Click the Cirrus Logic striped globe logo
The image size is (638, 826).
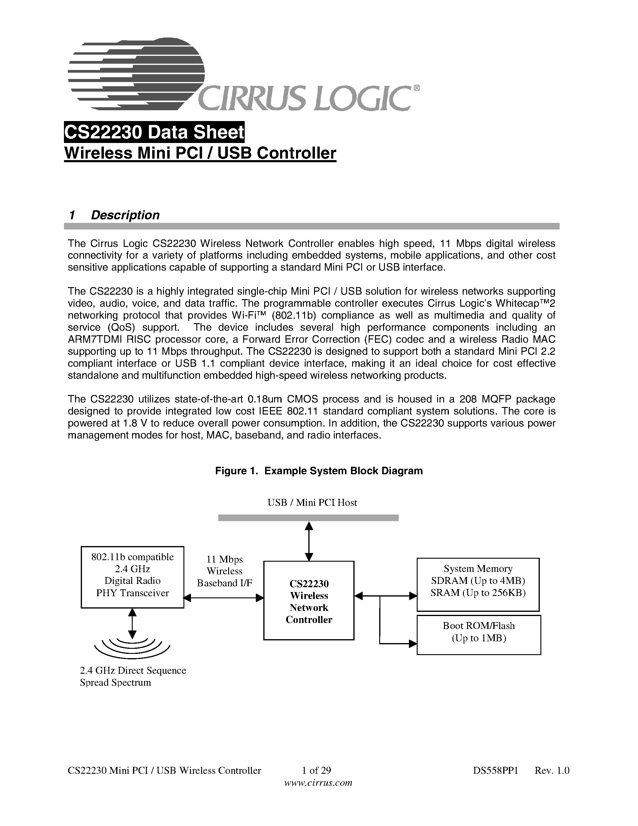coord(136,74)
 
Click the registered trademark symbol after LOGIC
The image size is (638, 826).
coord(416,88)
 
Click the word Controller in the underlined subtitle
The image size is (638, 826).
coord(296,153)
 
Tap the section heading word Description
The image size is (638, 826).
coord(125,215)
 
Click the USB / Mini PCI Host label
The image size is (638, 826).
coord(312,502)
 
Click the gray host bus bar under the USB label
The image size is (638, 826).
coord(308,518)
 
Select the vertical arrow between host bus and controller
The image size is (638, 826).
coord(309,541)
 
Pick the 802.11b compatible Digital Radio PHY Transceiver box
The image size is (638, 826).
coord(132,577)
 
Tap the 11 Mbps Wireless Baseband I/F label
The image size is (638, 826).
coord(225,571)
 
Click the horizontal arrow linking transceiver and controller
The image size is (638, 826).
coord(224,597)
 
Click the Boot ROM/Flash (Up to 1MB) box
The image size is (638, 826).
coord(479,635)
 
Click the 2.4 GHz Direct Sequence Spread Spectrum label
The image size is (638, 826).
coord(132,676)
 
